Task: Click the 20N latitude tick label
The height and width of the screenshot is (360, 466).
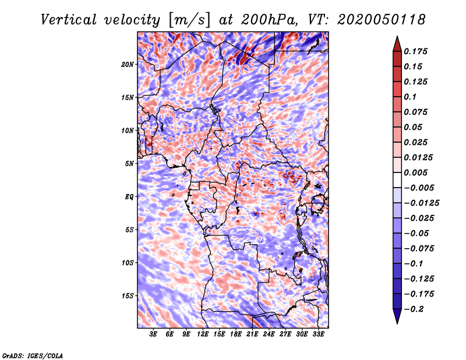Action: [127, 65]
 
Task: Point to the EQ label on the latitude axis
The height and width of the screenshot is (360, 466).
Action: [129, 197]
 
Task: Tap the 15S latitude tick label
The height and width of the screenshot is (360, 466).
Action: [127, 296]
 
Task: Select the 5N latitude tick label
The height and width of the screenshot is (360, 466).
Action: [129, 164]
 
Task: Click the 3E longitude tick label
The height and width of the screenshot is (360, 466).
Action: [153, 334]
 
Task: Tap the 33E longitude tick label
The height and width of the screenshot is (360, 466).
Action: [318, 334]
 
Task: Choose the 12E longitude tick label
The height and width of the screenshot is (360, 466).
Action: [203, 334]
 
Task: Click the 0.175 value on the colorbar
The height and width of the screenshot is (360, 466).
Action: [415, 51]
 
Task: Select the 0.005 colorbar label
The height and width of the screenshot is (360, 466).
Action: [415, 172]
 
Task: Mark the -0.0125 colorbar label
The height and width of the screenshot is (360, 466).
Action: [421, 203]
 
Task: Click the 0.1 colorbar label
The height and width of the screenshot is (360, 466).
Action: [410, 97]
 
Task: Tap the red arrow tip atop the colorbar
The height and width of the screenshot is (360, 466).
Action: [397, 37]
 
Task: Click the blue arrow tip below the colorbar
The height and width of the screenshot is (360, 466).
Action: [397, 323]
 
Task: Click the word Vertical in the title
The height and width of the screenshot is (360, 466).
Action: [69, 20]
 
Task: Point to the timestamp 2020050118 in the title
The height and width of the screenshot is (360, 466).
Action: [382, 20]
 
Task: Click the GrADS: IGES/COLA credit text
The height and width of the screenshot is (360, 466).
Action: [33, 355]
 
